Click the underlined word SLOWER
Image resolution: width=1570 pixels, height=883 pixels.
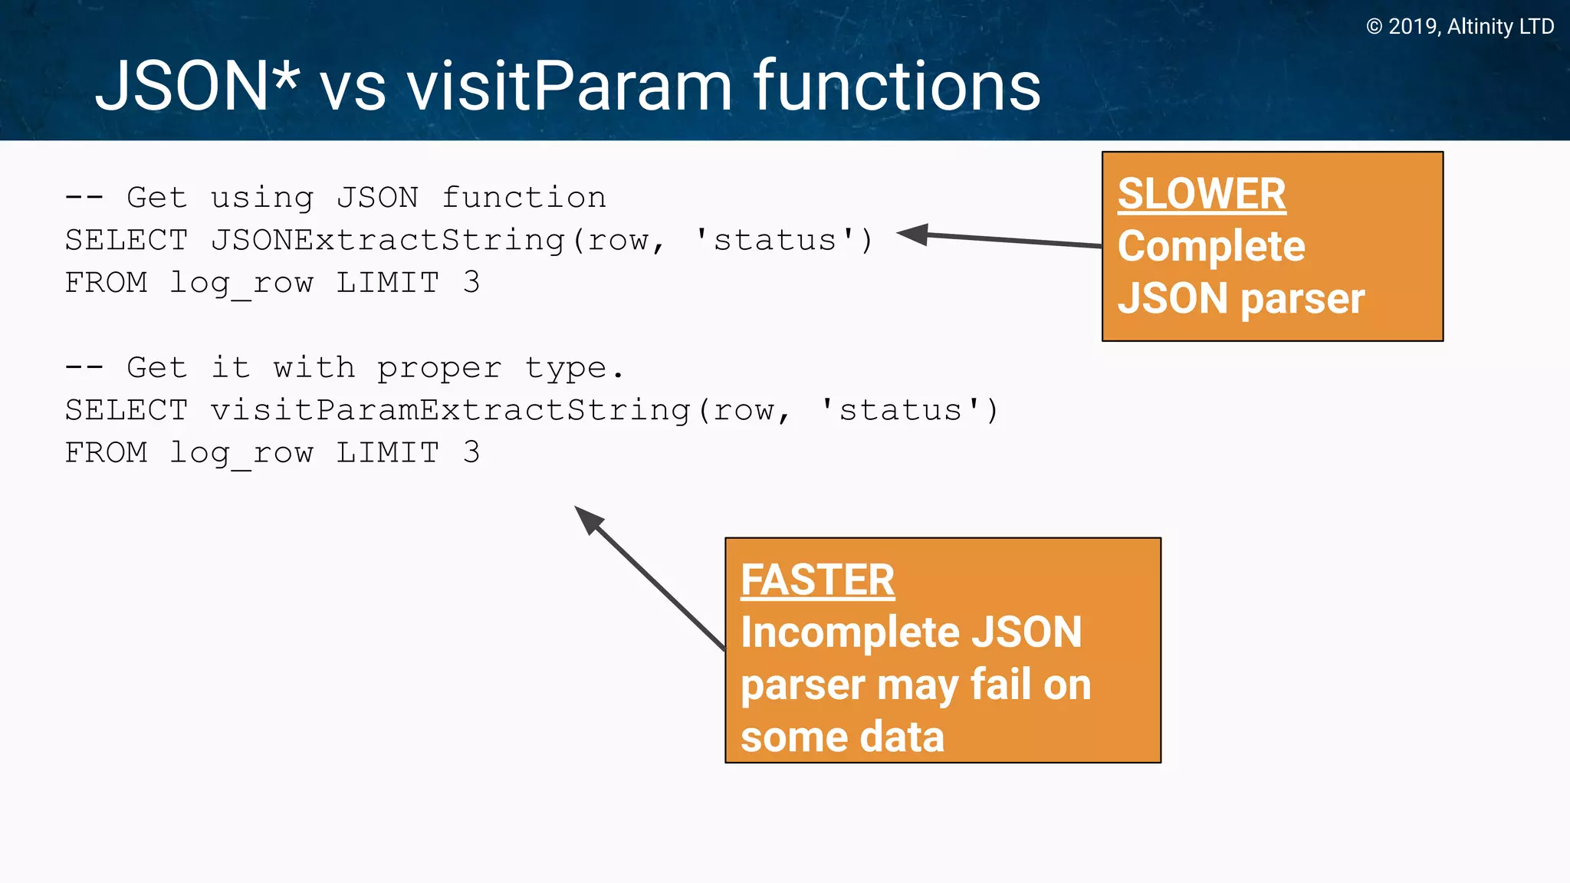click(x=1201, y=194)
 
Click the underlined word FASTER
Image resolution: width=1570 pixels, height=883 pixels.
click(x=817, y=580)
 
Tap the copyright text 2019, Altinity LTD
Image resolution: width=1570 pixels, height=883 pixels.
click(x=1460, y=27)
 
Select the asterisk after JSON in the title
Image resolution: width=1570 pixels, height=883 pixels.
click(x=285, y=77)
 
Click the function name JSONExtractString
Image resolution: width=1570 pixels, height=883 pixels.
click(x=388, y=241)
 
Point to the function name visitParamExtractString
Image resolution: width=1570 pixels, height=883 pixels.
click(x=451, y=411)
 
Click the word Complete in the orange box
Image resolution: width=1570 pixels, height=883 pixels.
click(x=1211, y=246)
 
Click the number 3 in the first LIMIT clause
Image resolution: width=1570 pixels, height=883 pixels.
click(x=471, y=283)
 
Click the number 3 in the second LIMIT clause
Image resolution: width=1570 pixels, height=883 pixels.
click(x=471, y=453)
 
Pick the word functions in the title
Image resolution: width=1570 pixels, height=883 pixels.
click(x=897, y=87)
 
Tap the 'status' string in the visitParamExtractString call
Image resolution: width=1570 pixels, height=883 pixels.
click(x=900, y=411)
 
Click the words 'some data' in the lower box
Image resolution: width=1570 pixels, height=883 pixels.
click(x=842, y=737)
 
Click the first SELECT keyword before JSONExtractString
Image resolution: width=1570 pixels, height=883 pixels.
click(x=126, y=241)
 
